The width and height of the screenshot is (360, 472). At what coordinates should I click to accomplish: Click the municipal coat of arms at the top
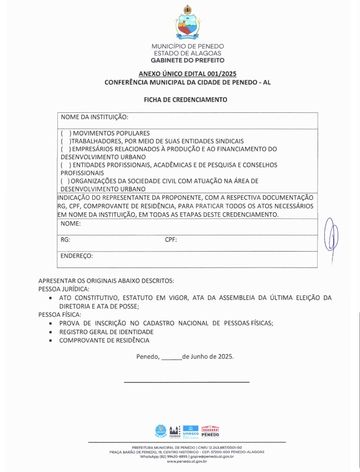[187, 23]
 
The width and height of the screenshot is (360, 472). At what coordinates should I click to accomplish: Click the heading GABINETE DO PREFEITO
[187, 60]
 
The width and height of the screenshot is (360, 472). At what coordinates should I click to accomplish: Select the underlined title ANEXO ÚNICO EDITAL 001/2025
[187, 74]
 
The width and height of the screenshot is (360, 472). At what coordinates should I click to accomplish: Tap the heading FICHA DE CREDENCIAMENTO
[185, 99]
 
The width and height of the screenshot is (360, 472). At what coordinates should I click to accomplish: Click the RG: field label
[66, 240]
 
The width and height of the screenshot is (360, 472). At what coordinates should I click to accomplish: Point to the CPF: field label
[171, 240]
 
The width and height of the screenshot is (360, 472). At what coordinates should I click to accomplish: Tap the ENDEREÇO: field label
[77, 256]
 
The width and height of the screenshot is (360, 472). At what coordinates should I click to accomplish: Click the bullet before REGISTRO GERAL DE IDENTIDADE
[50, 332]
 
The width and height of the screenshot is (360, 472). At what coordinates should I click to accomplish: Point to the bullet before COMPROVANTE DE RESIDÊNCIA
[50, 341]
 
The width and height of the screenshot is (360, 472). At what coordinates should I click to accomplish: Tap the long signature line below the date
[187, 382]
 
